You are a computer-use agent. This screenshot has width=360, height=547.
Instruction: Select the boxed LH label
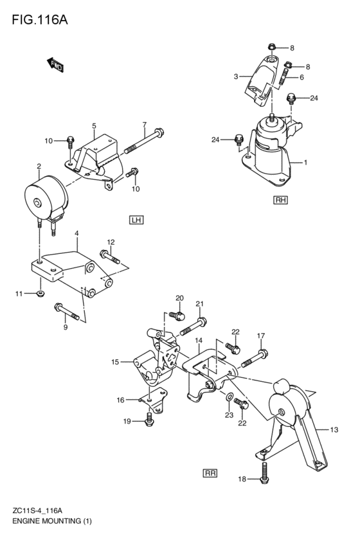pyautogui.click(x=136, y=220)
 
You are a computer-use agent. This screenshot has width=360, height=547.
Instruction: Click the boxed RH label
pyautogui.click(x=280, y=200)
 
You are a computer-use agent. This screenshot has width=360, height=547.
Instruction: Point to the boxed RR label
pyautogui.click(x=210, y=473)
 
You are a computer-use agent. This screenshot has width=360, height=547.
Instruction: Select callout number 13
pyautogui.click(x=334, y=429)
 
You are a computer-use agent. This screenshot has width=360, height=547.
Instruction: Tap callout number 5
pyautogui.click(x=94, y=126)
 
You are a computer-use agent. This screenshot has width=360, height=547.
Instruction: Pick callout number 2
pyautogui.click(x=39, y=166)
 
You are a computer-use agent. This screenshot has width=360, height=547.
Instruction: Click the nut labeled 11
pyautogui.click(x=40, y=294)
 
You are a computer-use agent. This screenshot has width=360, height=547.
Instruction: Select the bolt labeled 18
pyautogui.click(x=264, y=472)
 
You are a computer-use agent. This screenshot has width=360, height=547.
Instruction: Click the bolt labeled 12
pyautogui.click(x=111, y=258)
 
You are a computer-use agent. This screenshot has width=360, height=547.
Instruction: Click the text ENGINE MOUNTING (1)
pyautogui.click(x=51, y=521)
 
